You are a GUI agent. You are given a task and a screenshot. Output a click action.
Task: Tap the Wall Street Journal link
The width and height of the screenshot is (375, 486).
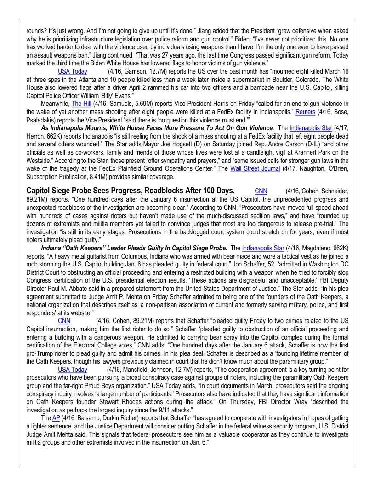[x=255, y=168]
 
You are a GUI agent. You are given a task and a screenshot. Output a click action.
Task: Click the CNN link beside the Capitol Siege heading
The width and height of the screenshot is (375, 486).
[x=261, y=191]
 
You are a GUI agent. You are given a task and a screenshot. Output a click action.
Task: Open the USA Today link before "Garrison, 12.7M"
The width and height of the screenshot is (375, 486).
[x=72, y=71]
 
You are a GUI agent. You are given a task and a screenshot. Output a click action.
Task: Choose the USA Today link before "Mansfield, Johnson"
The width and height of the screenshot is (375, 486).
[x=72, y=370]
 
